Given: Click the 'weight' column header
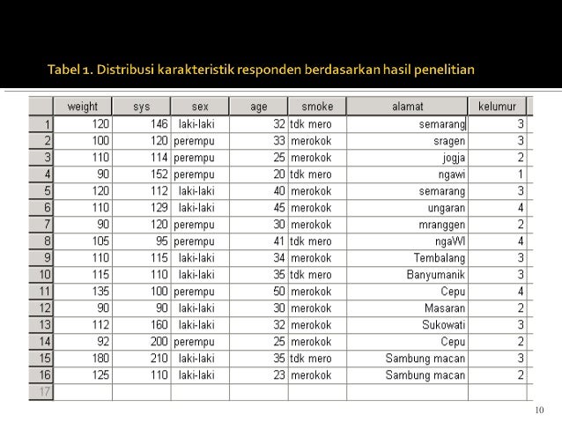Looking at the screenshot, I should click(x=83, y=107).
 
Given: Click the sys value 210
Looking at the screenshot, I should click(x=156, y=358).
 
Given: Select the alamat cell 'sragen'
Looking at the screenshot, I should click(x=449, y=141).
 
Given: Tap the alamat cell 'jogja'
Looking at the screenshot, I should click(x=455, y=158).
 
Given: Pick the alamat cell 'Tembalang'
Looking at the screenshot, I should click(x=440, y=257).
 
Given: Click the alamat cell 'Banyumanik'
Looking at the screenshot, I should click(x=435, y=274).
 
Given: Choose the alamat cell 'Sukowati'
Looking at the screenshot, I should click(x=444, y=324).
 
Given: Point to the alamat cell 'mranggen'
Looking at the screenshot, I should click(x=444, y=225).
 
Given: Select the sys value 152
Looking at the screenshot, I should click(x=156, y=174).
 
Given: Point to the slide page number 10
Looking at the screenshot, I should click(x=541, y=411).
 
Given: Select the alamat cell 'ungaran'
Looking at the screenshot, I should click(x=447, y=208).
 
